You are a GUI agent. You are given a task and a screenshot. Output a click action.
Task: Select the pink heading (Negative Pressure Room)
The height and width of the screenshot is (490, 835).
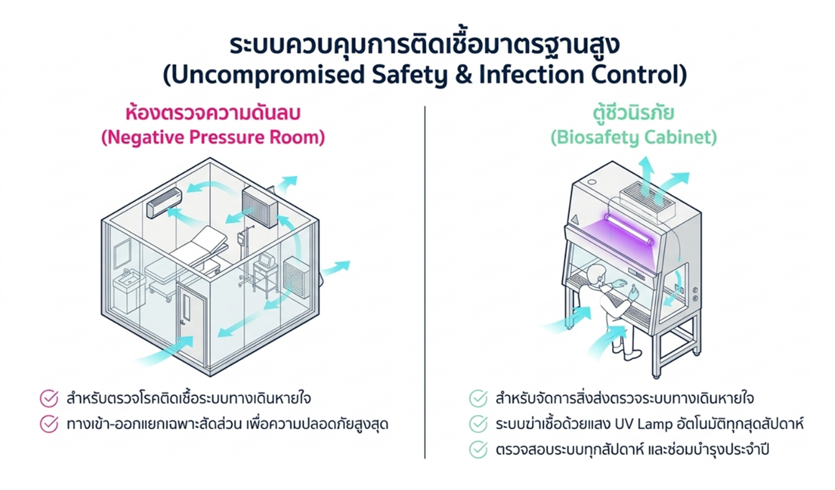point(213,137)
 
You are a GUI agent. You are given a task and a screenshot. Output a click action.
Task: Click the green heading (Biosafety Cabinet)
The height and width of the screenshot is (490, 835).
point(634,137)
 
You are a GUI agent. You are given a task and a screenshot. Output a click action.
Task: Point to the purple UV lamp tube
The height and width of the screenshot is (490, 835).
point(628,228)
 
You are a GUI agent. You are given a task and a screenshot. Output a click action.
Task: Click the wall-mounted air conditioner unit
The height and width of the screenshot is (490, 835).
point(165,203)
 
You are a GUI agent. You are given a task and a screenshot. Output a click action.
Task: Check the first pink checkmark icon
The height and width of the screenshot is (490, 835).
point(49,398)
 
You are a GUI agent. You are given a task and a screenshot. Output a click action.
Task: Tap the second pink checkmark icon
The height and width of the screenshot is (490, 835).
point(49,424)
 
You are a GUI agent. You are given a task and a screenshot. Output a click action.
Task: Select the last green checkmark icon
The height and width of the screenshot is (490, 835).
point(478,450)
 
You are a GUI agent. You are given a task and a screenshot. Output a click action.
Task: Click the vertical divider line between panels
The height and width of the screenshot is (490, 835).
point(425,282)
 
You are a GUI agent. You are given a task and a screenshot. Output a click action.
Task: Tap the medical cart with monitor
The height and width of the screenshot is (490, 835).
point(265,274)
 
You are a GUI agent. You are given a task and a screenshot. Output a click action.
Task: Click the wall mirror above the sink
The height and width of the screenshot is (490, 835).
point(122,253)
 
